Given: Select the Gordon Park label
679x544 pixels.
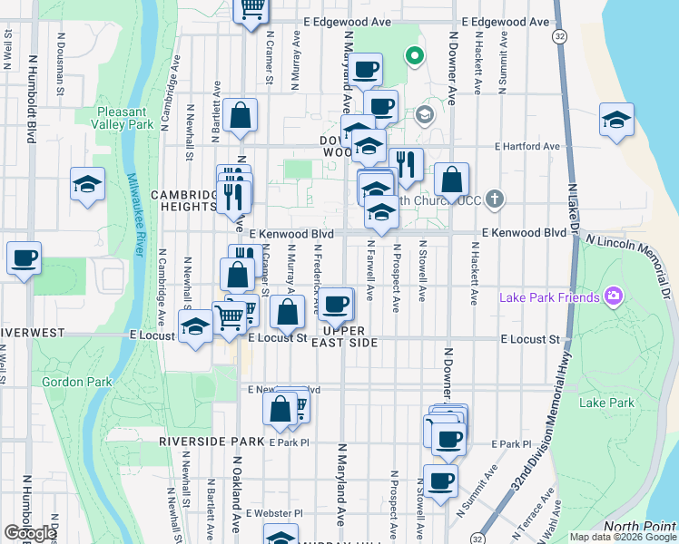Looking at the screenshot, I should pyautogui.click(x=77, y=382).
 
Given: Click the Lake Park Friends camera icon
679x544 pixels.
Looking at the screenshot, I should pyautogui.click(x=614, y=296).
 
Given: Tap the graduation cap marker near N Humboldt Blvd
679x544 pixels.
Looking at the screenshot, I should pyautogui.click(x=87, y=184).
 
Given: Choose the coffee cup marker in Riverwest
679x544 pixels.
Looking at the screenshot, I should pyautogui.click(x=25, y=257).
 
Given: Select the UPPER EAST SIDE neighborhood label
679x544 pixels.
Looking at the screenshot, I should pyautogui.click(x=344, y=335).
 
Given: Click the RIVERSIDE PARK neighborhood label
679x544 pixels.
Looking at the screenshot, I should pyautogui.click(x=211, y=441).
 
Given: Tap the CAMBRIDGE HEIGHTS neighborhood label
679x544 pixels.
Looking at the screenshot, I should pyautogui.click(x=182, y=200).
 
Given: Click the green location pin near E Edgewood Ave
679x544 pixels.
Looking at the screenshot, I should pyautogui.click(x=415, y=56).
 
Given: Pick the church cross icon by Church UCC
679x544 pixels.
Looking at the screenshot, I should pyautogui.click(x=495, y=198).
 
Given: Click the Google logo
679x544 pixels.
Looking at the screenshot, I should pyautogui.click(x=30, y=532).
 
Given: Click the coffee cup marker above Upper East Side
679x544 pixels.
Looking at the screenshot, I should pyautogui.click(x=337, y=303).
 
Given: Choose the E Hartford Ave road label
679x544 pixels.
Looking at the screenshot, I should pyautogui.click(x=526, y=146).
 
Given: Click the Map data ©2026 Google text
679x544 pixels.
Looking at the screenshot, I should pyautogui.click(x=623, y=537).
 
